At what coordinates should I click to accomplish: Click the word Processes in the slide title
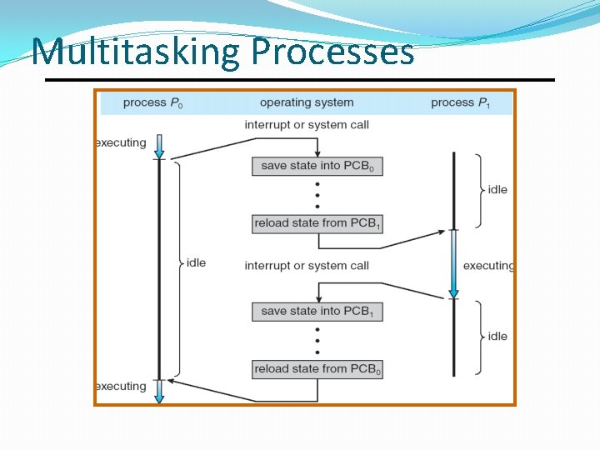(332, 52)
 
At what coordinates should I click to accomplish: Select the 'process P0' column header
(152, 102)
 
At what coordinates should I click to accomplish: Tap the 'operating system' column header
(307, 102)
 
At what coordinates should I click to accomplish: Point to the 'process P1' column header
(461, 102)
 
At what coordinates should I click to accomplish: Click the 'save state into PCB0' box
(317, 166)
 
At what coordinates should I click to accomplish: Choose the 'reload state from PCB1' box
(317, 223)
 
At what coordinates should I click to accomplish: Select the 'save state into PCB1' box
(317, 312)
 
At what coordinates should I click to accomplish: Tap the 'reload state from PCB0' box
(317, 369)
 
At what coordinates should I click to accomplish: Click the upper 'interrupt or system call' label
(307, 125)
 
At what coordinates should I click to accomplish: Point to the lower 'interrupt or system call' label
(307, 266)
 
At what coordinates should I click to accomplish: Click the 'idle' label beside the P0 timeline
(196, 262)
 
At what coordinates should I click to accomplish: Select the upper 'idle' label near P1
(497, 190)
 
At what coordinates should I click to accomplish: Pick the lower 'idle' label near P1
(497, 337)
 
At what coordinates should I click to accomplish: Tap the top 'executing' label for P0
(121, 142)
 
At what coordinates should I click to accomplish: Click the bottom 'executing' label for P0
(121, 386)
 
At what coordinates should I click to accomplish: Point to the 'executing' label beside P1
(488, 266)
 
